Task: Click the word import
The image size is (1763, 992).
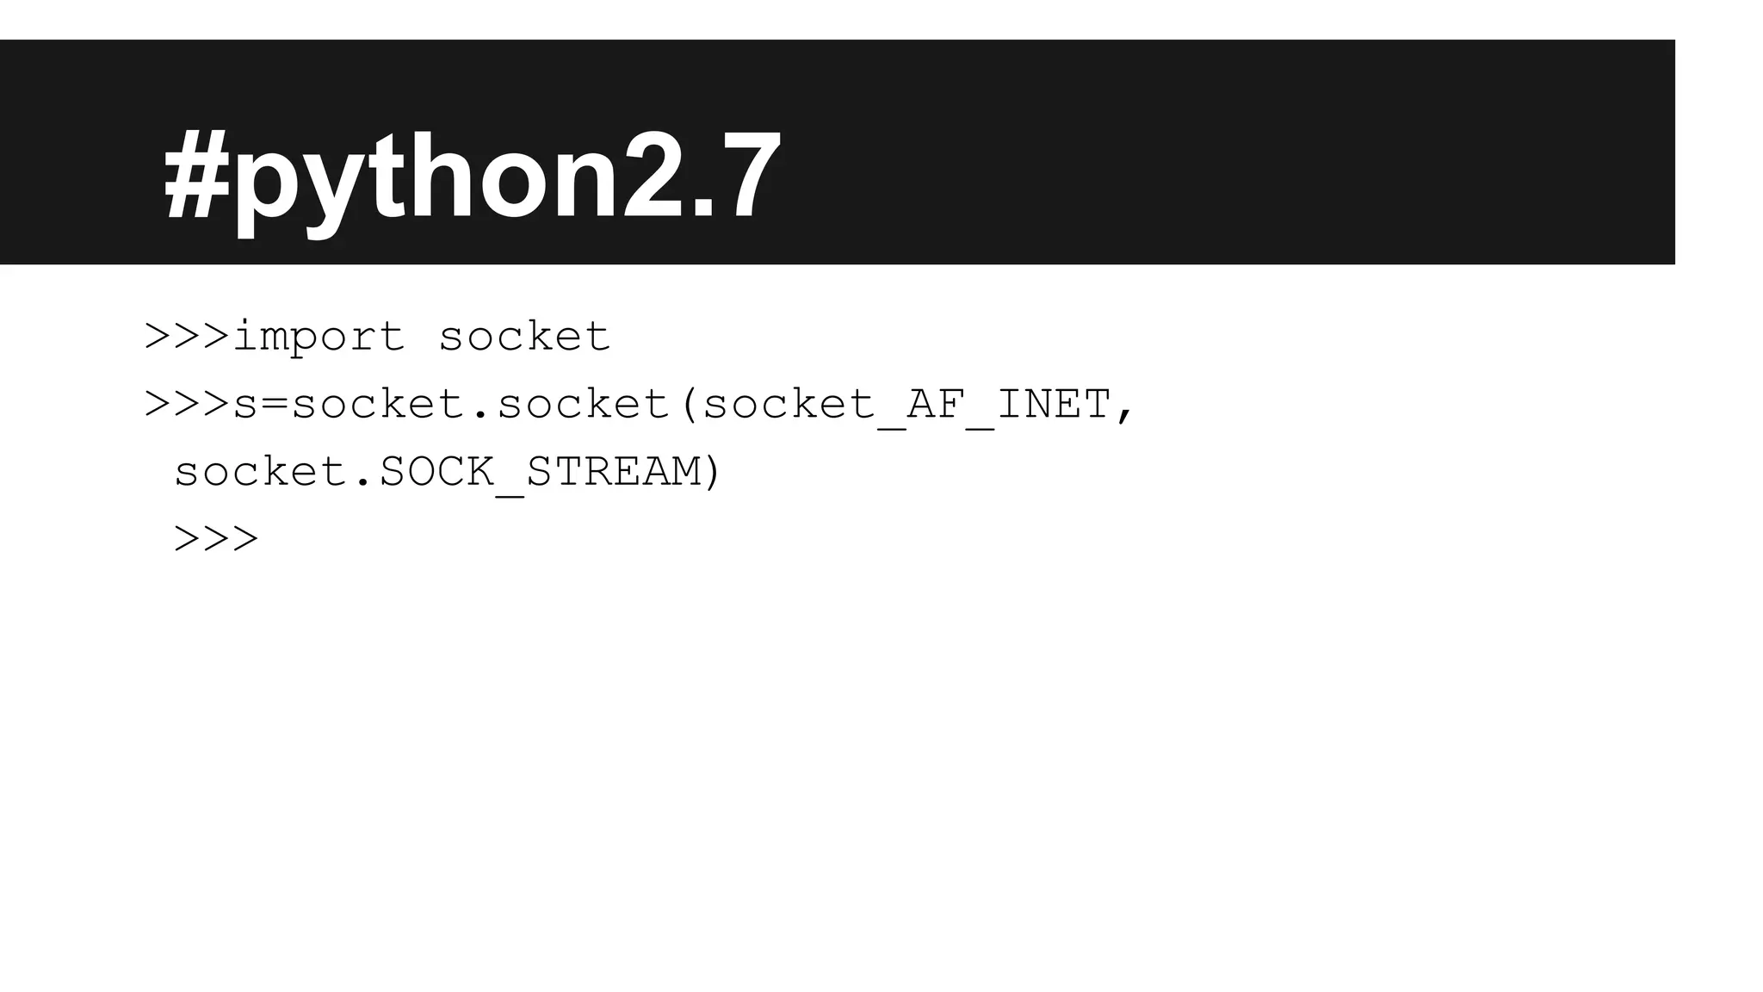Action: (319, 337)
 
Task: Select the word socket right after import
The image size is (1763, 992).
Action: (524, 336)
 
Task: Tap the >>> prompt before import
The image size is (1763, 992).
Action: (188, 336)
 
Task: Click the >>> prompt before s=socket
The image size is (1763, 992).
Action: (188, 404)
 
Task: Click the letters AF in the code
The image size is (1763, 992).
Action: (936, 404)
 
